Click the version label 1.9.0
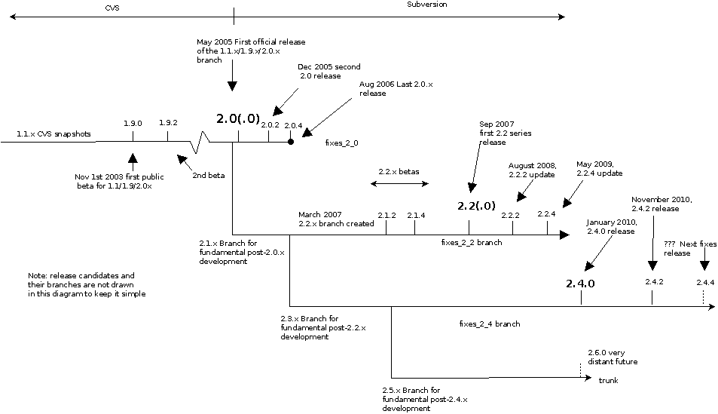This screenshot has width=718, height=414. [x=133, y=123]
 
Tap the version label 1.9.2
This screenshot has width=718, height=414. [x=168, y=123]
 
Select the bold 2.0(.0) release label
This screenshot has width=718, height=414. [x=237, y=119]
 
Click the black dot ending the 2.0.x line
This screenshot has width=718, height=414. [x=290, y=141]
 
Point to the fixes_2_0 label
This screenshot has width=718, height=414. [x=342, y=141]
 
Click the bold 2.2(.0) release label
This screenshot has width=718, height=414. [x=477, y=205]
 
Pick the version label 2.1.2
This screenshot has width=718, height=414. [x=386, y=215]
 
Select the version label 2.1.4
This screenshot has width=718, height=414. [x=416, y=215]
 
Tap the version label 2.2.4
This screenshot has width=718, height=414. [x=546, y=214]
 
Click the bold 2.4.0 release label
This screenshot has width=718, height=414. [x=581, y=284]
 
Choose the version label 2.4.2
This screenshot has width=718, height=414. [x=653, y=281]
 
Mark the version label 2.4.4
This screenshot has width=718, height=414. [x=704, y=281]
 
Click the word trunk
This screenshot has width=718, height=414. [x=608, y=381]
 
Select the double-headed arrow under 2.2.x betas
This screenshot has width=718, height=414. [x=400, y=183]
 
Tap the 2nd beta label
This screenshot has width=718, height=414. [x=209, y=175]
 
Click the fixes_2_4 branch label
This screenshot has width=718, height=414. [x=490, y=324]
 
